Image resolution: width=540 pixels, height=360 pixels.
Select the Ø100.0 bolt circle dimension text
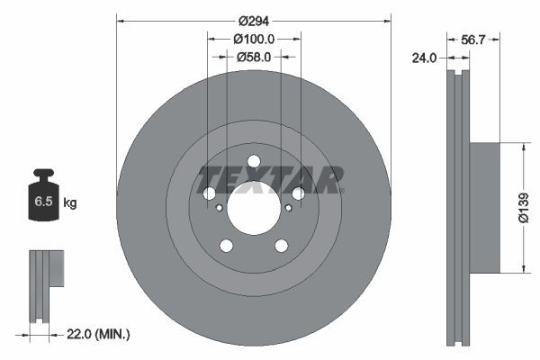[x=254, y=39]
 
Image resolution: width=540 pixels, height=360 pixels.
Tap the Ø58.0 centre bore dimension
[x=254, y=57]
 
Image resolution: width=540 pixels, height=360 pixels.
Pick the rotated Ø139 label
[x=522, y=206]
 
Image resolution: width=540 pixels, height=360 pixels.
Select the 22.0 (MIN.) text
[x=99, y=334]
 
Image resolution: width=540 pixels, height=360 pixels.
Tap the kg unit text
[x=69, y=203]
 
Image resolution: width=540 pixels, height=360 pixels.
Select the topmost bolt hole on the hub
[x=254, y=162]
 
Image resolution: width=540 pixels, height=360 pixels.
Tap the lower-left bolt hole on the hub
[x=226, y=246]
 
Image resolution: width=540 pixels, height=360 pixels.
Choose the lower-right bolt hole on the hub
[x=282, y=246]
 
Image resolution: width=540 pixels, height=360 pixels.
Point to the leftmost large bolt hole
[x=209, y=193]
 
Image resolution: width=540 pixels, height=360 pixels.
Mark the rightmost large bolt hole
[x=299, y=193]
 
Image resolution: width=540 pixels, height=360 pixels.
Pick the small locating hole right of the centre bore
[x=288, y=207]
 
